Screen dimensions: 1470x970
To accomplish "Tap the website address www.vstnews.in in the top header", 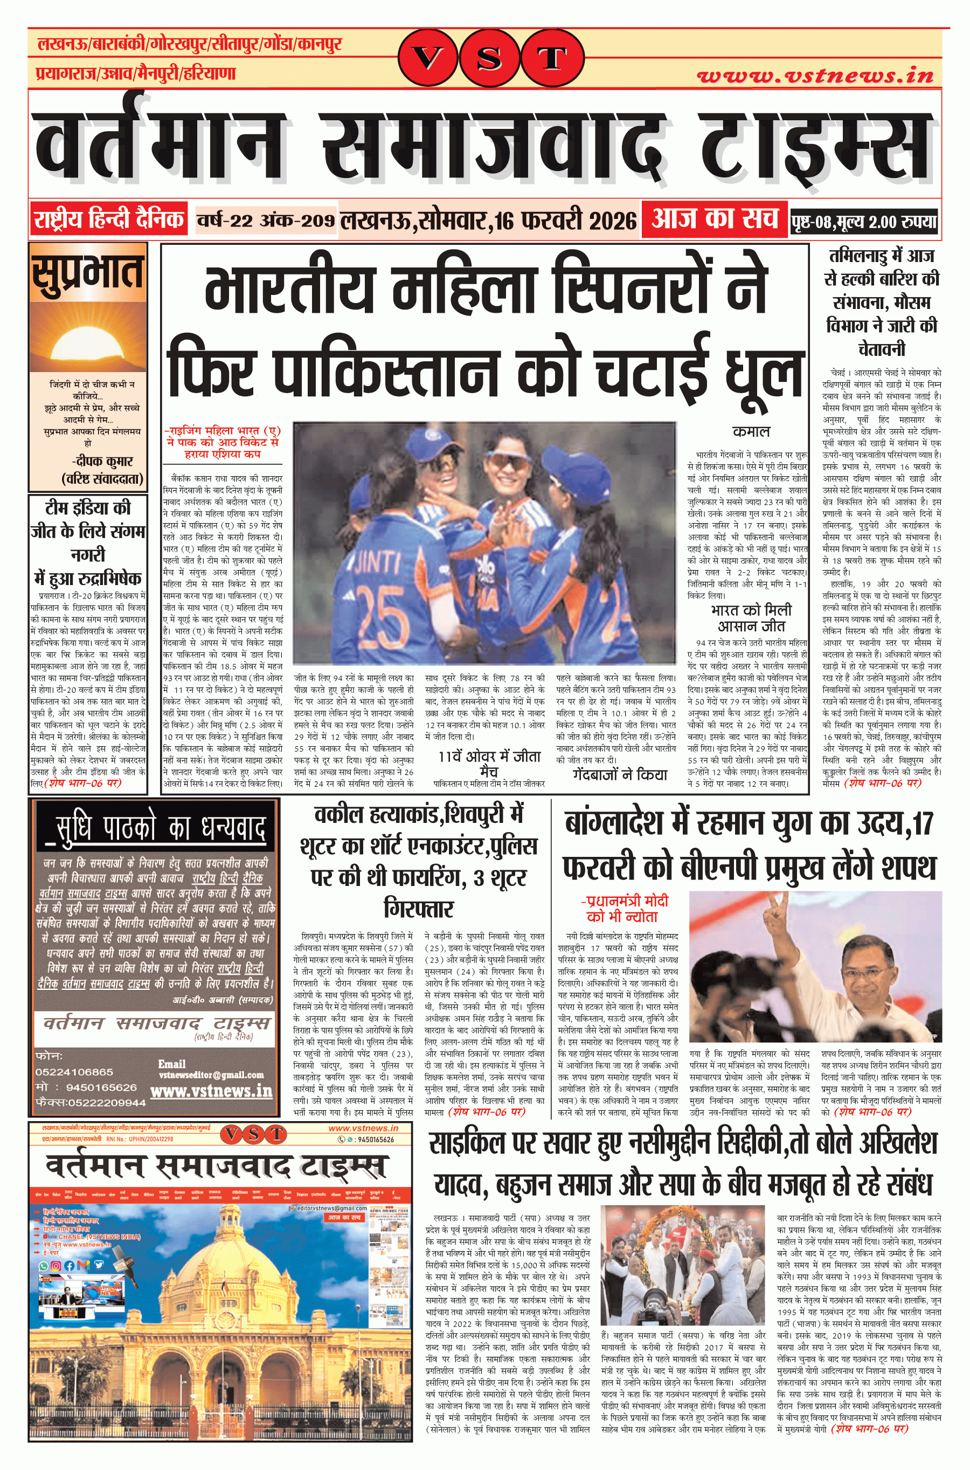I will (x=815, y=76).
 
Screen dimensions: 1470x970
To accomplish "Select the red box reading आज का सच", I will (x=714, y=218).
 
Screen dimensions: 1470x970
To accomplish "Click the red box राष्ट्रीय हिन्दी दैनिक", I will (x=109, y=219).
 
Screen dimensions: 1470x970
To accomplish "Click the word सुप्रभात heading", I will (x=88, y=273).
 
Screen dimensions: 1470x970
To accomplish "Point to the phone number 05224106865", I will (x=74, y=1072).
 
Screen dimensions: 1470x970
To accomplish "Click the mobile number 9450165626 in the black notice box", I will (x=101, y=1088).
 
